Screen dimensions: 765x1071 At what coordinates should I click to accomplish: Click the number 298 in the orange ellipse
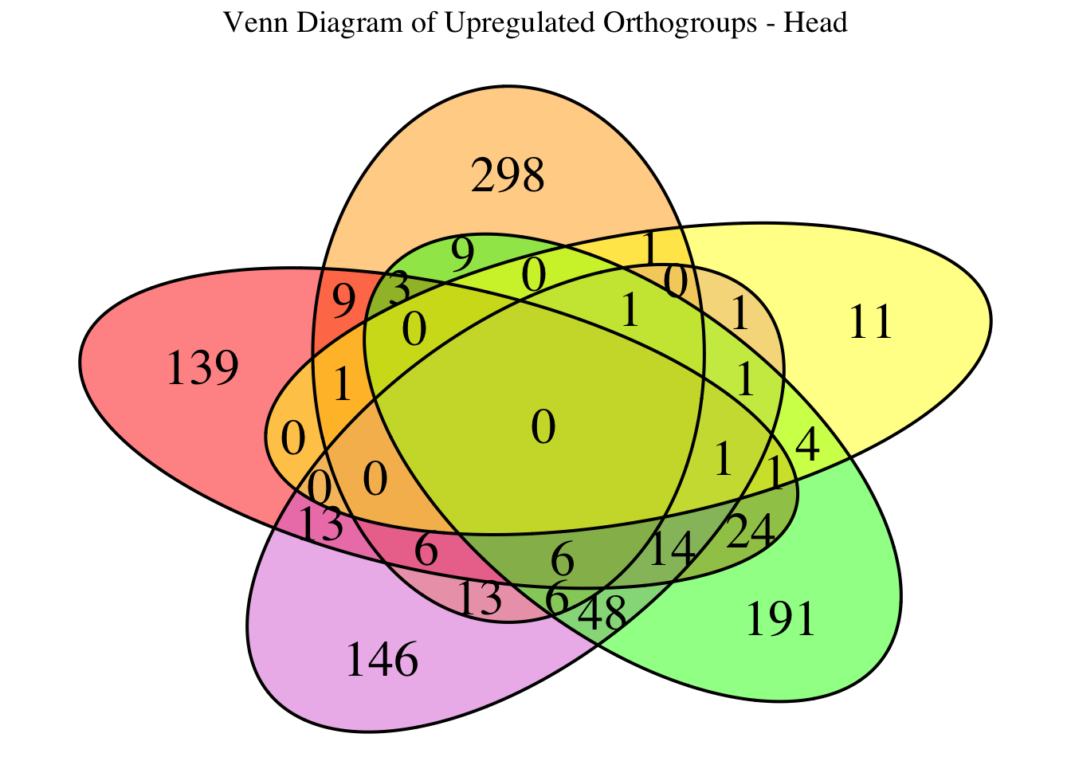508,176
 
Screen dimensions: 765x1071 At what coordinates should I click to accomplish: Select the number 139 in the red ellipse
202,370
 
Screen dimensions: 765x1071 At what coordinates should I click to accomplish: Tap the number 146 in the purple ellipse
382,661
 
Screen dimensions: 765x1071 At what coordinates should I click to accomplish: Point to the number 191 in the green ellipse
781,620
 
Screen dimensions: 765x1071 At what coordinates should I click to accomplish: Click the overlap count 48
601,614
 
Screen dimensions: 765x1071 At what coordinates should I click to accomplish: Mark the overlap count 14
671,550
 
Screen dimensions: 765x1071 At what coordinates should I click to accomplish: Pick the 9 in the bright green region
462,255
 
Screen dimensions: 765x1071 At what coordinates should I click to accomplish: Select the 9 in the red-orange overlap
343,303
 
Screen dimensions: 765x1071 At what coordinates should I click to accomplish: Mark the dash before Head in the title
769,24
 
